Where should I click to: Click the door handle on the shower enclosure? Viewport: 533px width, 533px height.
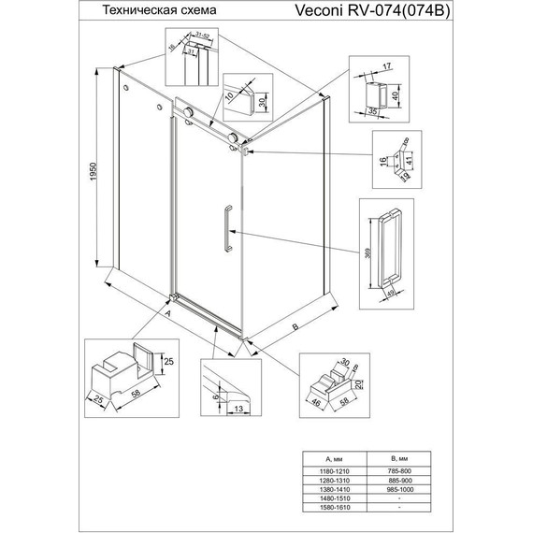[224, 228]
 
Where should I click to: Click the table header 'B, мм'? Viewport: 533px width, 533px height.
[400, 457]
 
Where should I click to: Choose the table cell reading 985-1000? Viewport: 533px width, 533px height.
[400, 490]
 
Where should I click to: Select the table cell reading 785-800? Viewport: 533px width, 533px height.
[400, 469]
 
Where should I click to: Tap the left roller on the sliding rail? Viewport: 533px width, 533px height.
[190, 113]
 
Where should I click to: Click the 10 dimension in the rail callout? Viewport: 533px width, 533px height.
[227, 94]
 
